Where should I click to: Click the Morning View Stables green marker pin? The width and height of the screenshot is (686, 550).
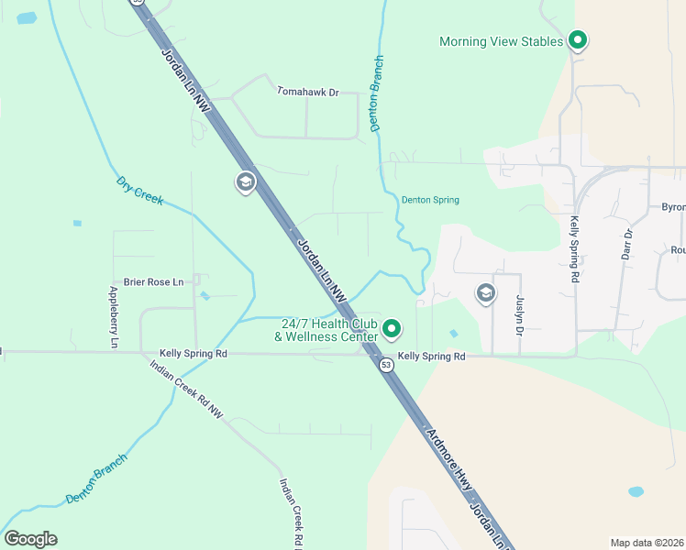pyautogui.click(x=577, y=40)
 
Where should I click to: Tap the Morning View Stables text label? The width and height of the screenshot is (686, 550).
pyautogui.click(x=500, y=41)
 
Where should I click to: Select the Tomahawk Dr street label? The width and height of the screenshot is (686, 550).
pyautogui.click(x=308, y=92)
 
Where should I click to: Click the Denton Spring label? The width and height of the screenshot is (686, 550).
pyautogui.click(x=430, y=200)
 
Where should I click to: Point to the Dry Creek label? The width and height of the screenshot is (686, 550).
pyautogui.click(x=139, y=190)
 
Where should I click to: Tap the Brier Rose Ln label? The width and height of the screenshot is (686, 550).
pyautogui.click(x=154, y=282)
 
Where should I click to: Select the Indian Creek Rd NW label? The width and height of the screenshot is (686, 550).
pyautogui.click(x=186, y=390)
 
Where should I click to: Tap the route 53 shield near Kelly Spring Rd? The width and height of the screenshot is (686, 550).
pyautogui.click(x=387, y=364)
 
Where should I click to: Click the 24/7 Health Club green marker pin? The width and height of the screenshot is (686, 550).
pyautogui.click(x=392, y=328)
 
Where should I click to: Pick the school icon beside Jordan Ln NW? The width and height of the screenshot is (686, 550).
pyautogui.click(x=245, y=182)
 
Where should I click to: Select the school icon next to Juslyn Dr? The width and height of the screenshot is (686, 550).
pyautogui.click(x=485, y=293)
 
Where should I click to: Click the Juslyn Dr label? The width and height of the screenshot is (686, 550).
pyautogui.click(x=518, y=315)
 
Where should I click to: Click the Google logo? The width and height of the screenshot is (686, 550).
pyautogui.click(x=30, y=539)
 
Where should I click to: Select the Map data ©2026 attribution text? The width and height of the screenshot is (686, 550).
pyautogui.click(x=647, y=543)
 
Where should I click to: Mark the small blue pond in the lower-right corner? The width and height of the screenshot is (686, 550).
pyautogui.click(x=636, y=491)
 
